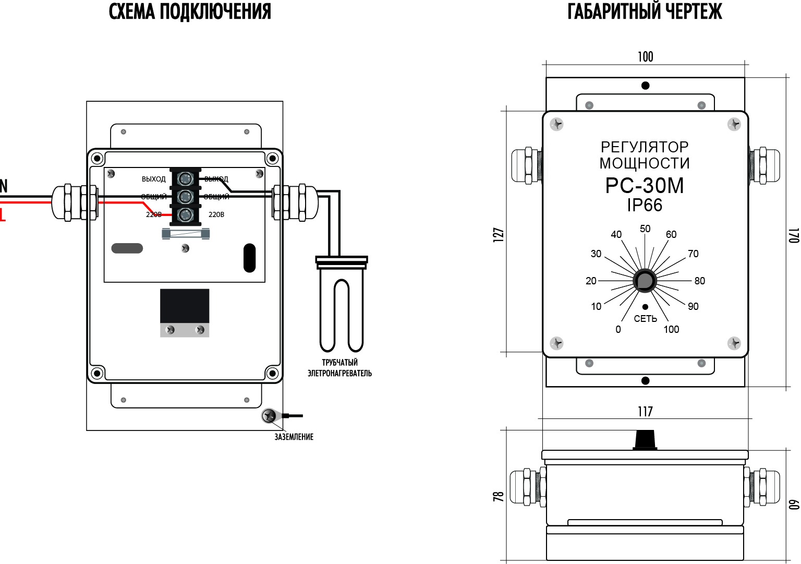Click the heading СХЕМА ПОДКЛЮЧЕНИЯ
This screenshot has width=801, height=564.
[x=190, y=11]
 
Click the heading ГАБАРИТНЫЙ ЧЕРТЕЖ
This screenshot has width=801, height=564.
[x=645, y=11]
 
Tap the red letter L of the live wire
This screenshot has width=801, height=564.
[x=3, y=214]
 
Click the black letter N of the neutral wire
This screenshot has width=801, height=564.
[x=4, y=186]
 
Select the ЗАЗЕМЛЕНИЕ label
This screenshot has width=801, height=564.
[x=294, y=437]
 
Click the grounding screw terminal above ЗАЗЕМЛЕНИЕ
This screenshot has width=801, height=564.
[x=269, y=416]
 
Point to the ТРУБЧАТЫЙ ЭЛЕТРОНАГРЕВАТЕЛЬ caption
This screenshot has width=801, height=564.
[x=339, y=368]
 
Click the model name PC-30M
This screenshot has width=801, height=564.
[x=645, y=186]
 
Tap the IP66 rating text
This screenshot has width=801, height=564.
[x=645, y=205]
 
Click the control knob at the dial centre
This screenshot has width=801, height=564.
[x=645, y=281]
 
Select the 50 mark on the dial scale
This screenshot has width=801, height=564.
[x=645, y=229]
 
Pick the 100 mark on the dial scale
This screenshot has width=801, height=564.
[x=671, y=329]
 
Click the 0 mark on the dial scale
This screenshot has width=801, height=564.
[x=618, y=329]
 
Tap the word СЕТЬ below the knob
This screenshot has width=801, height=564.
[x=645, y=319]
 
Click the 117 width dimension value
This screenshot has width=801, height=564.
[x=645, y=412]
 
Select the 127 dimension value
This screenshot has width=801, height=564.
[x=499, y=234]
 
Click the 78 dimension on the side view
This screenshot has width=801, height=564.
[x=499, y=496]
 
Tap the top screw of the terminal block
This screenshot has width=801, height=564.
[x=185, y=179]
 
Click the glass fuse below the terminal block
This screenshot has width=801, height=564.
[x=186, y=234]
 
